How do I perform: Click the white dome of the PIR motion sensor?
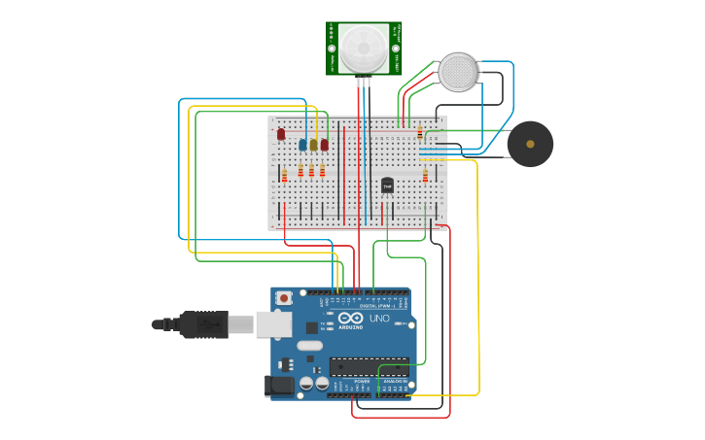tap(363, 47)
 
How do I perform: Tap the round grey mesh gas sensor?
tap(458, 73)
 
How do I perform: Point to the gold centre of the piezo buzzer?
tap(530, 144)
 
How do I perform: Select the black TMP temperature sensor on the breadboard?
tap(387, 185)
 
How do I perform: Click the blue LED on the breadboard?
tap(302, 145)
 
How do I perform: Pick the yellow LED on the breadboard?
tap(313, 145)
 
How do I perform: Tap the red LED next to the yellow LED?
tap(324, 145)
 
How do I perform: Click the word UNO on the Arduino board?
tap(379, 319)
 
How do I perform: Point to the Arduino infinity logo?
tap(351, 318)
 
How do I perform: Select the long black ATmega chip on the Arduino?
tap(369, 366)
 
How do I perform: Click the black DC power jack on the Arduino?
tap(280, 386)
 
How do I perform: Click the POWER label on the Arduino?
tap(362, 382)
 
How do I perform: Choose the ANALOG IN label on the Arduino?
tap(395, 382)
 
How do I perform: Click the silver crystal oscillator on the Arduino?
tap(309, 346)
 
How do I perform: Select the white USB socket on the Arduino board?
tap(273, 323)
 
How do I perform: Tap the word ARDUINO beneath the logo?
tap(351, 327)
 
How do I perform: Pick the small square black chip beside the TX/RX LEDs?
tap(312, 328)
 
